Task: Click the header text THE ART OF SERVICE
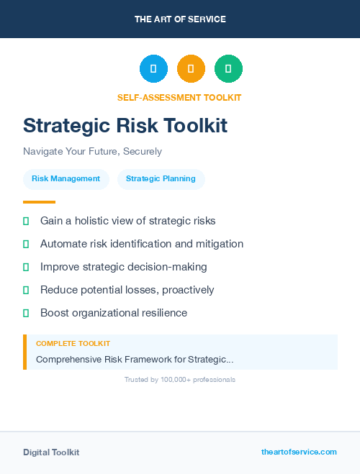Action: point(180,19)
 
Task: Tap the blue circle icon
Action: point(153,68)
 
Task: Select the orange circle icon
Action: point(191,68)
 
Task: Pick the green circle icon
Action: point(228,68)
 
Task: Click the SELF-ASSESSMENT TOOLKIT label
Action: point(179,97)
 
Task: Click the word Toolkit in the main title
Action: point(192,126)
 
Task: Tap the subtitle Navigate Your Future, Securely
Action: point(92,152)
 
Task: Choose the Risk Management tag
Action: point(66,179)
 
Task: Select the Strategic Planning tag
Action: point(161,179)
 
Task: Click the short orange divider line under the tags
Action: point(39,202)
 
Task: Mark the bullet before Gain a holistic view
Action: point(26,221)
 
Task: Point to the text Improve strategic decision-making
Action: point(123,267)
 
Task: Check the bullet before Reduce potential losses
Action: point(26,290)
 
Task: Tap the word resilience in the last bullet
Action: point(163,313)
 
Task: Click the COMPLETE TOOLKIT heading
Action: point(73,344)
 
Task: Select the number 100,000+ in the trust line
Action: point(178,379)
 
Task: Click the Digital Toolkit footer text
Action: point(51,452)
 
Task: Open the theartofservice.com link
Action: point(299,452)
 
